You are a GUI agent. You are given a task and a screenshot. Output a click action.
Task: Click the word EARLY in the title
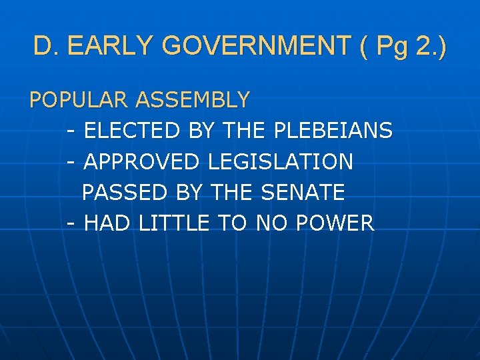click(x=111, y=46)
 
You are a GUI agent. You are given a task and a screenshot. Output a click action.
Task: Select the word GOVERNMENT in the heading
click(x=257, y=46)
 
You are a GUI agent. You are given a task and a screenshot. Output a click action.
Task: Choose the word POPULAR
click(x=79, y=100)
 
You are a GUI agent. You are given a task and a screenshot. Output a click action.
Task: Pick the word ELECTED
click(x=133, y=131)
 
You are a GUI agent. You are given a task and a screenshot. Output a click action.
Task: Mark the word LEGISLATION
click(x=281, y=161)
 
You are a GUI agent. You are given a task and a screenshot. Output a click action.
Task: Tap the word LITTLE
click(x=174, y=223)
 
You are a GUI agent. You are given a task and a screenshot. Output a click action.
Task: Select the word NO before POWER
click(x=271, y=223)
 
